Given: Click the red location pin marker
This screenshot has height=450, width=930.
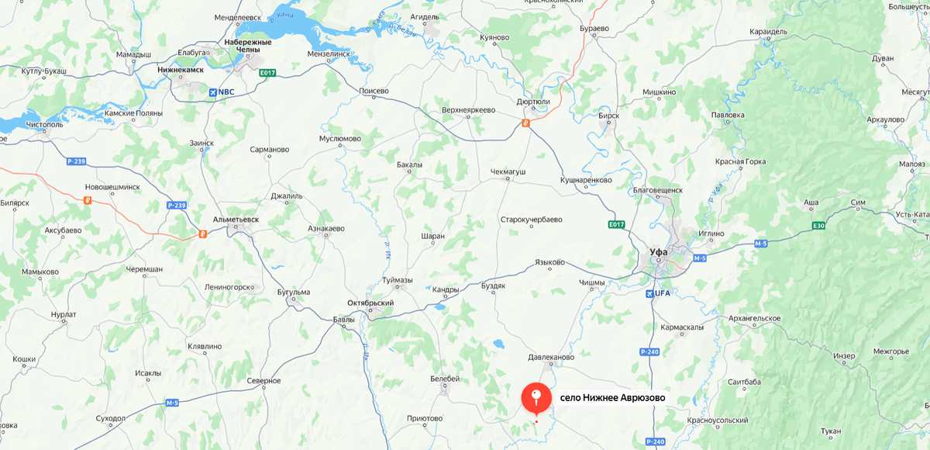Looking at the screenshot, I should [x=536, y=397].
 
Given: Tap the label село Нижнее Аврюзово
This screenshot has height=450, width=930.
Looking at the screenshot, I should [x=612, y=399].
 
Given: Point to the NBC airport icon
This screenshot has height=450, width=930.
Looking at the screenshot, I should [x=213, y=92].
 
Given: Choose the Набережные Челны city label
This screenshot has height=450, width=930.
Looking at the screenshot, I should [x=247, y=46].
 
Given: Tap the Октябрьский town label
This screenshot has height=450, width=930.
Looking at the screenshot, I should [x=370, y=303].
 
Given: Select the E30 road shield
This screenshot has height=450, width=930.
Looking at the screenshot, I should [x=818, y=226].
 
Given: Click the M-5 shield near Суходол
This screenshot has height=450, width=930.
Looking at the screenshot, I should [x=172, y=403].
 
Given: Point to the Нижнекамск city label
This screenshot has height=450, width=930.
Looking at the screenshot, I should [x=180, y=69].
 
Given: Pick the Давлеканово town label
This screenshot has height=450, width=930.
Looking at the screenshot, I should [x=551, y=358].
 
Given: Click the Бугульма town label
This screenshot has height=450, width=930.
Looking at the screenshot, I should [x=293, y=292].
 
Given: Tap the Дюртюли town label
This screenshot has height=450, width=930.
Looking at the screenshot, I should [x=532, y=101].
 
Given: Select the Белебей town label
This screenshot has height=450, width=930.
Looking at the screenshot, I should [x=445, y=379].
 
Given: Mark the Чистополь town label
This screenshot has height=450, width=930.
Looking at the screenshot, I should [x=43, y=124].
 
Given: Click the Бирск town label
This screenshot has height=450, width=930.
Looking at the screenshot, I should [x=609, y=116].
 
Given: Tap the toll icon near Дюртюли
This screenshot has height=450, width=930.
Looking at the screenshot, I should [x=525, y=123].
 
